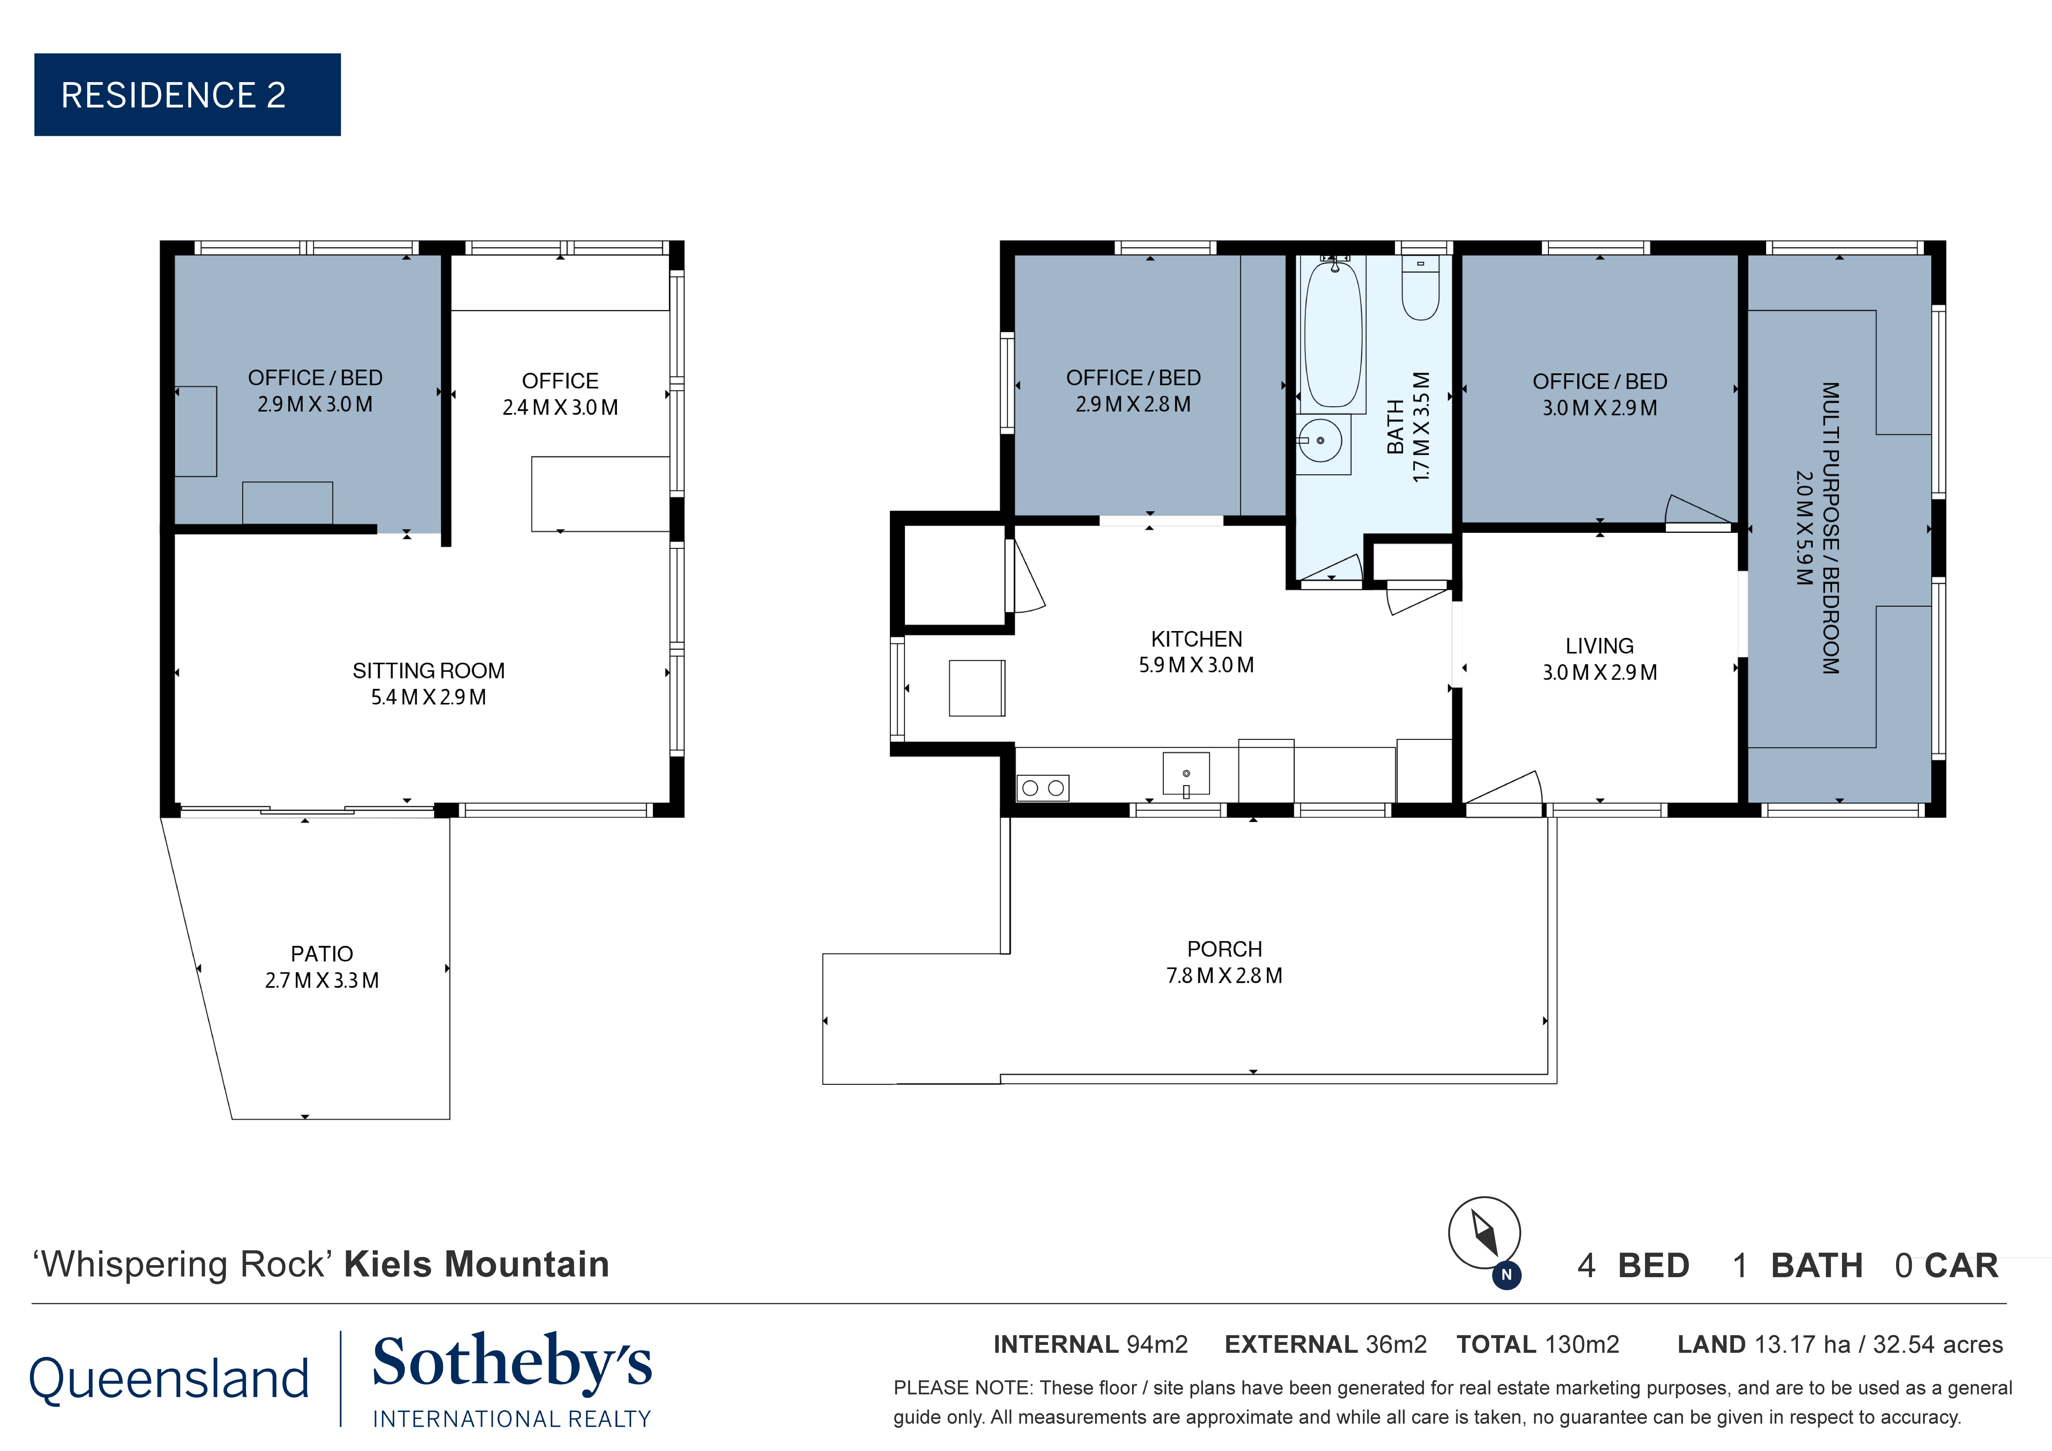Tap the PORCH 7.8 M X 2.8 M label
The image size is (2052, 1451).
pos(1224,962)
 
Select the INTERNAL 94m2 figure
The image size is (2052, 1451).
pos(1090,1345)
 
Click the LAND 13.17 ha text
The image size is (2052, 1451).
pos(1839,1345)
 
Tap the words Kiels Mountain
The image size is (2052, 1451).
pos(476,1264)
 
